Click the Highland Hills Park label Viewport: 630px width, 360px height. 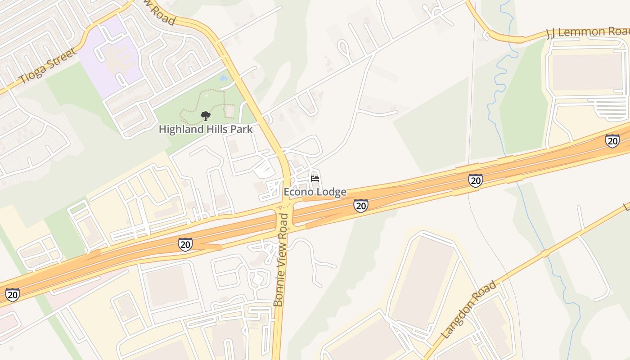pyautogui.click(x=206, y=129)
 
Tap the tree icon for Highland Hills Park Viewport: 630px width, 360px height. pyautogui.click(x=206, y=116)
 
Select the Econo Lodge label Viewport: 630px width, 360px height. pyautogui.click(x=315, y=192)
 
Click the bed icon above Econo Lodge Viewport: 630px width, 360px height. pyautogui.click(x=315, y=179)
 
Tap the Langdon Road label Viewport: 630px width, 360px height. pyautogui.click(x=469, y=310)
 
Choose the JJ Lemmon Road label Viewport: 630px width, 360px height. pyautogui.click(x=587, y=32)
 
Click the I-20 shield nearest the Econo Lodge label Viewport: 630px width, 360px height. pyautogui.click(x=360, y=205)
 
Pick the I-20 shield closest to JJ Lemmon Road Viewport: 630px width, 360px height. pyautogui.click(x=612, y=141)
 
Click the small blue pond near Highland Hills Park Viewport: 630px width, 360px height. pyautogui.click(x=223, y=78)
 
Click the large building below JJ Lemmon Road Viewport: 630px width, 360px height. pyautogui.click(x=589, y=72)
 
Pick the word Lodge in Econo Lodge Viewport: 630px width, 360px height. pyautogui.click(x=332, y=192)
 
